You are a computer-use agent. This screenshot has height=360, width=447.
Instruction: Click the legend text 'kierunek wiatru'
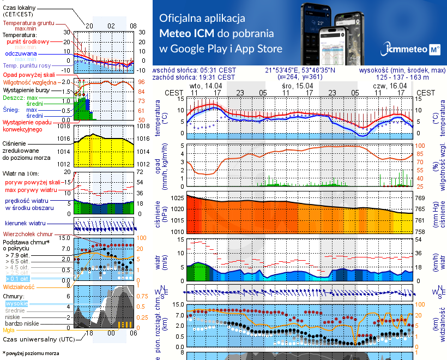tap(25, 224)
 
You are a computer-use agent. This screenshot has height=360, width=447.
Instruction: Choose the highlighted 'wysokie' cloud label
tap(16, 303)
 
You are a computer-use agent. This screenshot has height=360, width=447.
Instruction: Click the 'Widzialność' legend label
tap(19, 286)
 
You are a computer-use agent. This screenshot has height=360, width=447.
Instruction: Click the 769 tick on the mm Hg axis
tap(421, 198)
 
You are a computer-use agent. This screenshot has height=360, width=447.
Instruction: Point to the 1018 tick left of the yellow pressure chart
tap(64, 126)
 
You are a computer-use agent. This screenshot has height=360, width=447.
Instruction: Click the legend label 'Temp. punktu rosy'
tap(27, 65)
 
